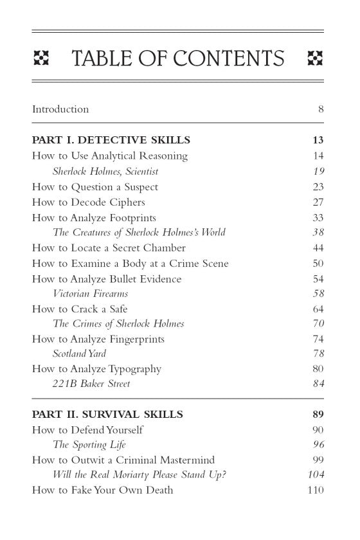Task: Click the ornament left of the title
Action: [x=41, y=59]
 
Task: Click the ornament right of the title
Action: [x=315, y=59]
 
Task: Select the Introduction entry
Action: [x=60, y=109]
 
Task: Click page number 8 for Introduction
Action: [x=321, y=109]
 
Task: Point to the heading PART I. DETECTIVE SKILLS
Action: [x=111, y=140]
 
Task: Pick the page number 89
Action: [x=318, y=415]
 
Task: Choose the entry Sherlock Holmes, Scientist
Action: [x=105, y=172]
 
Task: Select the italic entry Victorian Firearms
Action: [x=94, y=294]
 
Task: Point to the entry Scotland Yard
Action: [x=79, y=354]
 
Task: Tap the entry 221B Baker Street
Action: [x=91, y=384]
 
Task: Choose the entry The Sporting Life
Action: [x=89, y=445]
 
